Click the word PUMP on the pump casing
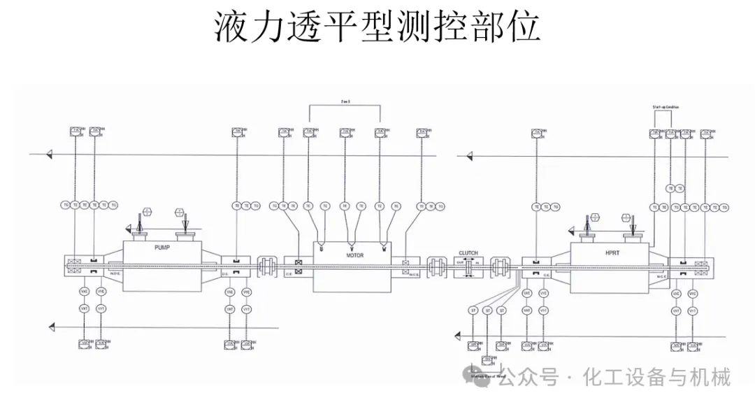tap(162, 248)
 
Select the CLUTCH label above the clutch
tap(468, 253)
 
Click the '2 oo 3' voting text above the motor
tap(345, 102)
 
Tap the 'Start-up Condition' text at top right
tap(666, 106)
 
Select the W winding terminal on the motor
tap(384, 246)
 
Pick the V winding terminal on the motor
tap(352, 247)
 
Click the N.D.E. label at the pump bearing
tap(113, 273)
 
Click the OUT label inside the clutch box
tap(460, 262)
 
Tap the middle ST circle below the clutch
tap(487, 310)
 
